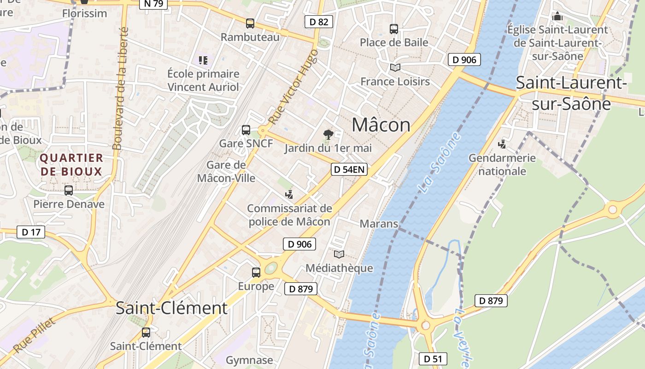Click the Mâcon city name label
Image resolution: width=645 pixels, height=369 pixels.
point(381,125)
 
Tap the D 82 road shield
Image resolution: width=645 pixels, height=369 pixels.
point(318,22)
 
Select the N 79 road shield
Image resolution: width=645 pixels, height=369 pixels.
point(153,4)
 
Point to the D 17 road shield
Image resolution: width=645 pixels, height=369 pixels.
point(31,232)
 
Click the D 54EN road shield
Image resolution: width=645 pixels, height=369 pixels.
point(349,169)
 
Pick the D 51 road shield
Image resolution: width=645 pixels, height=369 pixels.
point(433,359)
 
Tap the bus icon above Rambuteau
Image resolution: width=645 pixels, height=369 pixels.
point(250,23)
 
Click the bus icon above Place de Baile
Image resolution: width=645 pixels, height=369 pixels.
point(394,29)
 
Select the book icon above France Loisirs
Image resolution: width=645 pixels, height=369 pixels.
point(395,67)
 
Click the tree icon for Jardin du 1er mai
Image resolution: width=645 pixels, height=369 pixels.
point(328,135)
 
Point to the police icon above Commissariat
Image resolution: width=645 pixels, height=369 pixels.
point(289,194)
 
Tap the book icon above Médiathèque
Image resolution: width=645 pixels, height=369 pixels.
point(339,254)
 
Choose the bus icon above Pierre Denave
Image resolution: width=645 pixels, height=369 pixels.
point(69,190)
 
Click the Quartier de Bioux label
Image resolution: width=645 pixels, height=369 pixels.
point(71,165)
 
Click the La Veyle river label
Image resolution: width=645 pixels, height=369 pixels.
point(463,337)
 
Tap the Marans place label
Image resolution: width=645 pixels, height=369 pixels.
point(379,224)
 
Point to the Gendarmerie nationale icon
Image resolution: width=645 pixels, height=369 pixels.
point(502,144)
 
